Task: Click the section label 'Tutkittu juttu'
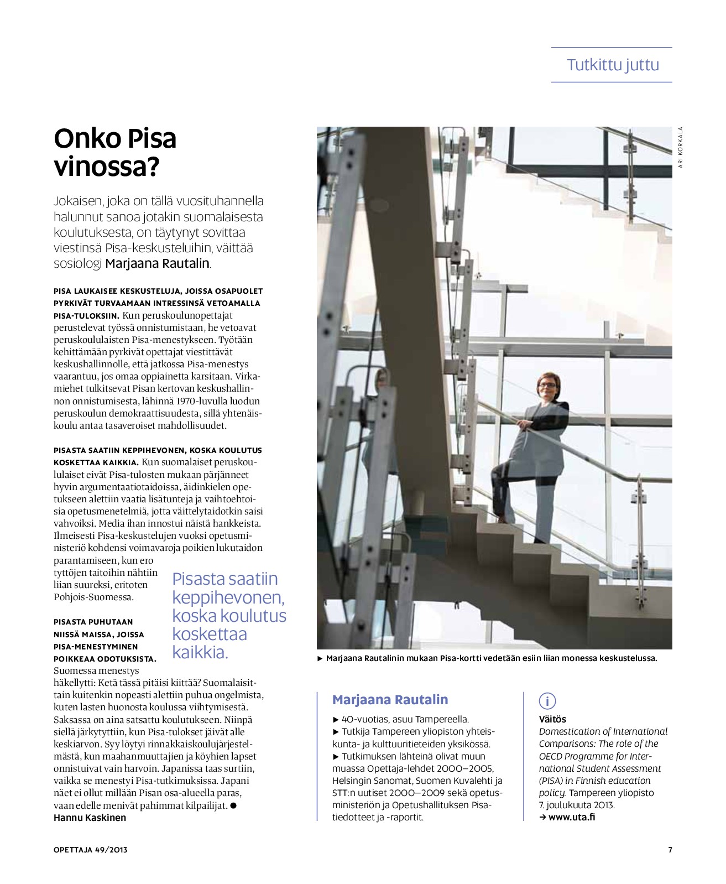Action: pos(613,65)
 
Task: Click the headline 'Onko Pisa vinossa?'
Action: pos(115,152)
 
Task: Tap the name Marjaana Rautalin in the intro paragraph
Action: pos(157,263)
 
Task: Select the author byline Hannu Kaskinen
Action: pos(90,818)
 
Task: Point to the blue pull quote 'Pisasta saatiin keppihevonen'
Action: pos(229,615)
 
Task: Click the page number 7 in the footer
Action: pos(670,850)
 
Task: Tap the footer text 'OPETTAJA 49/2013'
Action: pos(91,850)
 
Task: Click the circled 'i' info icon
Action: pos(547,701)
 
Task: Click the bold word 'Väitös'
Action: pos(552,719)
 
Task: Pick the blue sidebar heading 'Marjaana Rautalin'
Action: pos(390,700)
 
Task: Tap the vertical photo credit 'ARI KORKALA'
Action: pos(681,147)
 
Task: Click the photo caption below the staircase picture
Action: pos(491,658)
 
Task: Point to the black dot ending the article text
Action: pos(234,805)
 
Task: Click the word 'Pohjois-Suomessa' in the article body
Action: pos(93,597)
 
